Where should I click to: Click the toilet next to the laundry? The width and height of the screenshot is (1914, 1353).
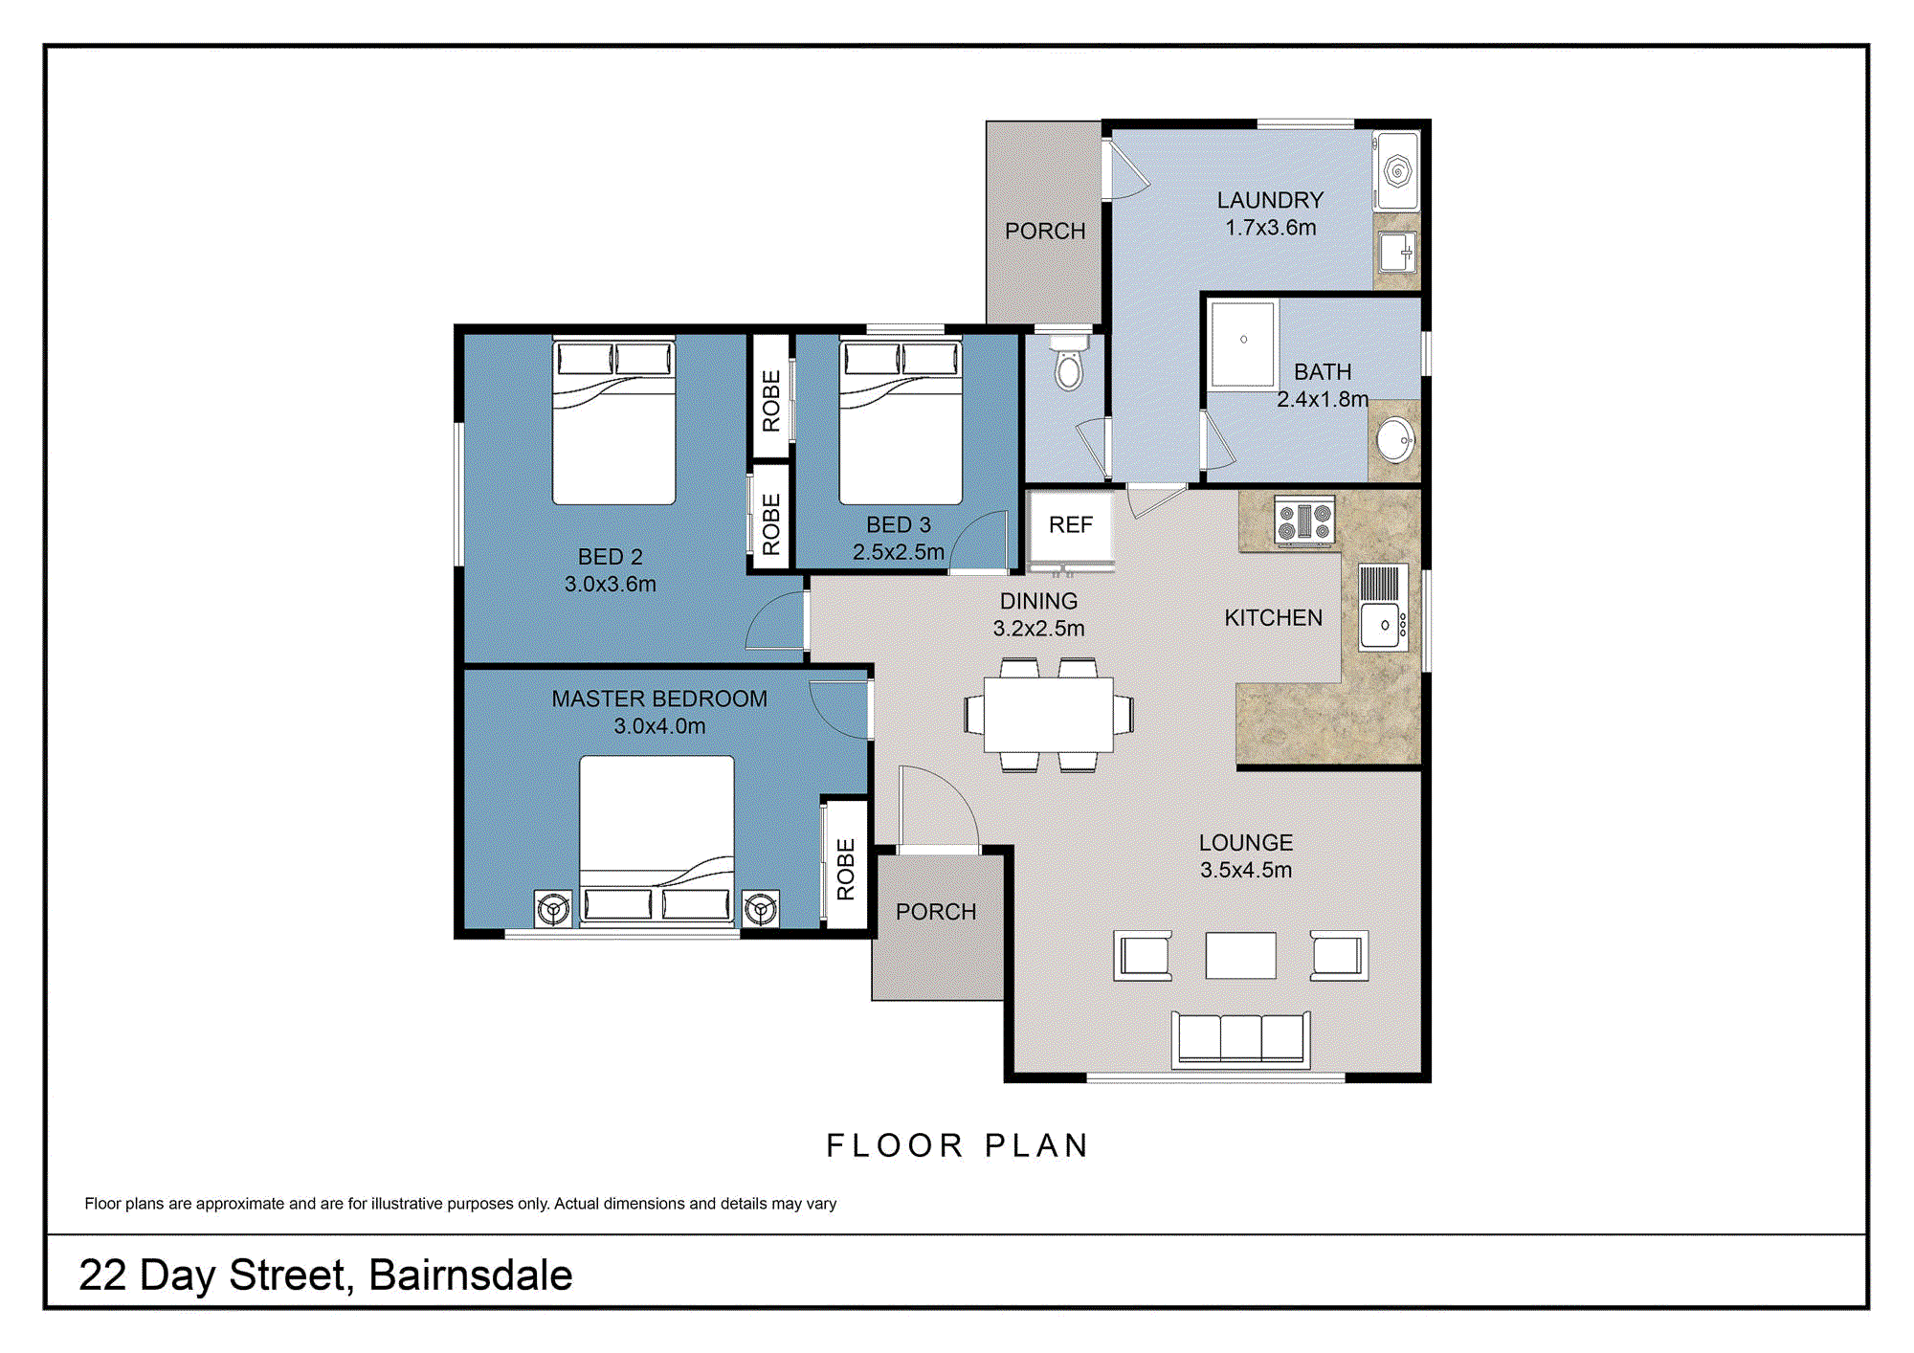[x=1069, y=362]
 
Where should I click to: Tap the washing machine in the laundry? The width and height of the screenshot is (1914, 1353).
[x=1396, y=170]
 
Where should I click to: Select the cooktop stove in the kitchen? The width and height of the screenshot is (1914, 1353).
[x=1305, y=521]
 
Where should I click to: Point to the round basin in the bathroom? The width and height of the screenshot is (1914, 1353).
[x=1395, y=440]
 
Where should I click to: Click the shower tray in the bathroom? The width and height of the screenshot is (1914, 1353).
[x=1242, y=344]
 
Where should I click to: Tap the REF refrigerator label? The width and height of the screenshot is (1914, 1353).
[x=1070, y=524]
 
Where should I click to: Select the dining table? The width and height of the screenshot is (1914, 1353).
[x=1049, y=714]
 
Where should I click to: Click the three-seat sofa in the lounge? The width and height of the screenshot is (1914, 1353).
[x=1240, y=1039]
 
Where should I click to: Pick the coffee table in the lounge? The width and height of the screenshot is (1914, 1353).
[x=1240, y=955]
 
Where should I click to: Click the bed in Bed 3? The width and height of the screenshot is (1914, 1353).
[x=901, y=421]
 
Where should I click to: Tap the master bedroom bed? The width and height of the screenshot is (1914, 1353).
[x=657, y=841]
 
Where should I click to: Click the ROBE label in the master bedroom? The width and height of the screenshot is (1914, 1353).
[x=846, y=869]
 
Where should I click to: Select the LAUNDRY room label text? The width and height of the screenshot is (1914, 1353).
[x=1270, y=200]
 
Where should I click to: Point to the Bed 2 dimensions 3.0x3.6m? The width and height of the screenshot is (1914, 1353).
[x=611, y=584]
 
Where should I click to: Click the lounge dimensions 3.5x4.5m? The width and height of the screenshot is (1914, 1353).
[x=1246, y=870]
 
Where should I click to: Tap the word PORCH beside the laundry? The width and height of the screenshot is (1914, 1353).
[x=1045, y=231]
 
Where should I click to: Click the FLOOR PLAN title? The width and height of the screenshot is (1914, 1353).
[x=958, y=1145]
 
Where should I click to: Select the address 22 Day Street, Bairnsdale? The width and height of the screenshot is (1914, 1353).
[x=325, y=1275]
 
